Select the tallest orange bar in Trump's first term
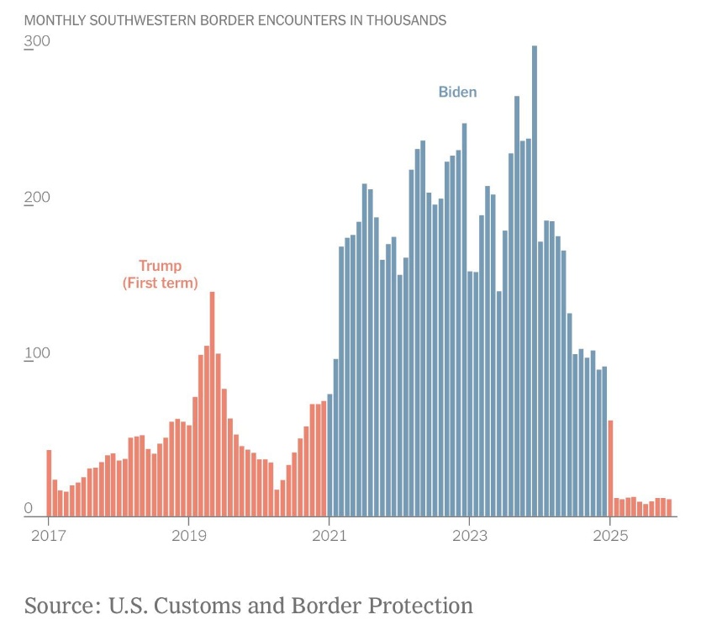pos(212,404)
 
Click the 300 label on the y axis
pos(38,42)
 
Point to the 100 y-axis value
pos(38,352)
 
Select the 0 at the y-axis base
pos(29,508)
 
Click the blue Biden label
pos(457,92)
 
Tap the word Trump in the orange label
pos(160,266)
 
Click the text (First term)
pos(161,283)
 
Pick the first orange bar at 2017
pos(49,484)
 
